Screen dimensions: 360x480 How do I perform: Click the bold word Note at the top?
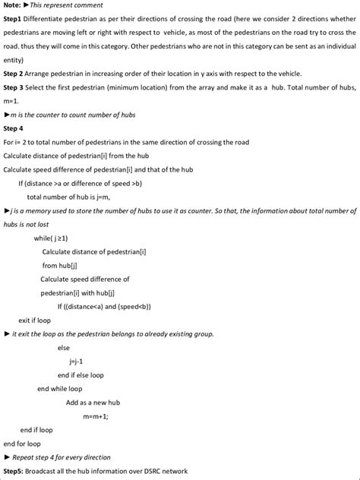point(13,5)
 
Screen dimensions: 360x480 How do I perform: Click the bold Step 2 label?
point(14,73)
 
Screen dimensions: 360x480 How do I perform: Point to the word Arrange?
point(43,73)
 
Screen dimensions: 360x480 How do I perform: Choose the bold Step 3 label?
point(14,87)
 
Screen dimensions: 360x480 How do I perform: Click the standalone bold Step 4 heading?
point(14,128)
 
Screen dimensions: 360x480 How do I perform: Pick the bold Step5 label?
point(14,472)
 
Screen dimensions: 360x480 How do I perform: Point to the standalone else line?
point(63,347)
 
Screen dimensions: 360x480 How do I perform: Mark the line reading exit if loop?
point(35,320)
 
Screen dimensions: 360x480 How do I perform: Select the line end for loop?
point(22,444)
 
